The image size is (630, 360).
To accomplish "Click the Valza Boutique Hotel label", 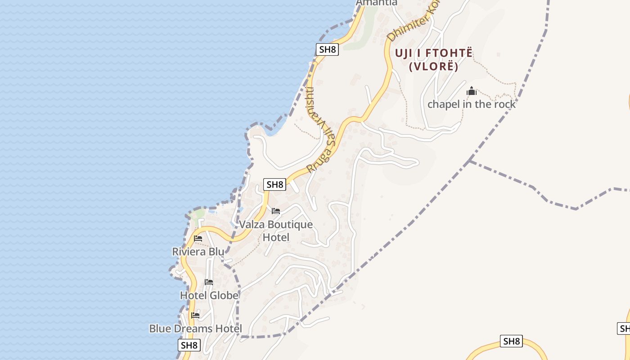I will [x=276, y=230].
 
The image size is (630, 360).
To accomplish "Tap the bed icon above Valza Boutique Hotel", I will [x=276, y=211].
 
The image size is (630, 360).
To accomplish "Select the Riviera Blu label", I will [x=198, y=252].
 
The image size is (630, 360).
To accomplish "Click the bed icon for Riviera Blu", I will [x=198, y=238].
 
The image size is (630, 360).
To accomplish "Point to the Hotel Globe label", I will [x=209, y=296].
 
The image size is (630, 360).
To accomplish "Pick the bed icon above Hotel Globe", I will [x=209, y=282].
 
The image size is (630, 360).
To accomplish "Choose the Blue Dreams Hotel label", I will [x=196, y=329].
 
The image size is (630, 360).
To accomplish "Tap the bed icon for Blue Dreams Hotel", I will [x=195, y=315].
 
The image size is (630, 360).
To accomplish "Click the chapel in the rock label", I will [x=471, y=104].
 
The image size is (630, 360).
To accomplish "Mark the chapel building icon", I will [x=472, y=91].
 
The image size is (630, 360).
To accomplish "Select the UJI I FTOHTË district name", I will [x=434, y=53].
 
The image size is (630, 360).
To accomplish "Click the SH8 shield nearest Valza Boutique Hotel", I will [x=274, y=184].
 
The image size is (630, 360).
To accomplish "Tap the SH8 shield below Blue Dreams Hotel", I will [x=189, y=346].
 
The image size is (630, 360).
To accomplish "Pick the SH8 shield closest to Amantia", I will [x=327, y=49].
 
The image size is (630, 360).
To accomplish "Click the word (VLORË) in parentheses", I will [x=434, y=67].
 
